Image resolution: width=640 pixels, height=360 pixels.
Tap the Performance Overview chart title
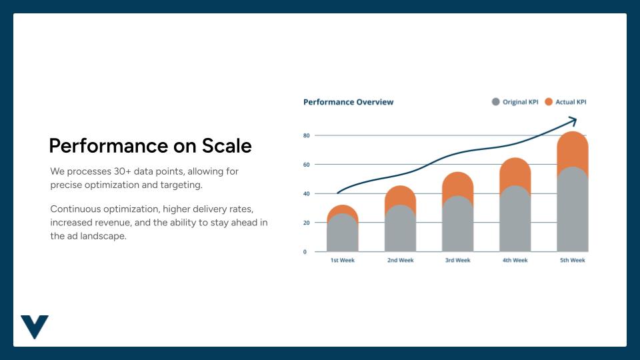point(348,102)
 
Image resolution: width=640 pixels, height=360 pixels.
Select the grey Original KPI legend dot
point(495,102)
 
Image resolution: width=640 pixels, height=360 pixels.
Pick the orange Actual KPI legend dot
point(549,102)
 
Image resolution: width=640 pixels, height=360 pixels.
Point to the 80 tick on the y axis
point(307,135)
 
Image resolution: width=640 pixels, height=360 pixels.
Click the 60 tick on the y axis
point(307,165)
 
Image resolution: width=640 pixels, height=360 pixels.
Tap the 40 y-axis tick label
point(307,193)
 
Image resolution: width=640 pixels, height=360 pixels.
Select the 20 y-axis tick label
point(307,223)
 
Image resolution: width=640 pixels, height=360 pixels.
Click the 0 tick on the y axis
point(305,252)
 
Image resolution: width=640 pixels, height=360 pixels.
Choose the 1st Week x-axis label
point(343,260)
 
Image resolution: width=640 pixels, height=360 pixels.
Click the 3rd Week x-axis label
point(457,260)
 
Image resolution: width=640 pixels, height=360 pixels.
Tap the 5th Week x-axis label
point(573,260)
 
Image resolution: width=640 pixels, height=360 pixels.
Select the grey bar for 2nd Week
point(400,230)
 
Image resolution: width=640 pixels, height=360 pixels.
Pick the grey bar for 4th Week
point(515,220)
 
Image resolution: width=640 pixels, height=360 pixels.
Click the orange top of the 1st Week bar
point(343,209)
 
